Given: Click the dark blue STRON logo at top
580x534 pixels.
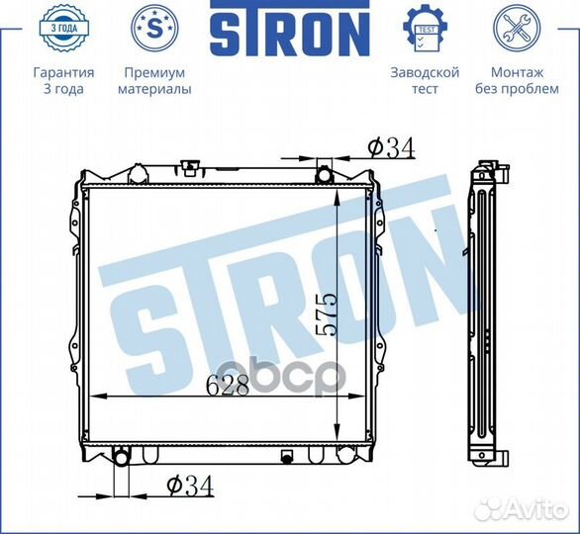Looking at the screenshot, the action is point(290,28).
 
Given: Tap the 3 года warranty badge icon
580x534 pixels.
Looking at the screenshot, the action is point(64,28).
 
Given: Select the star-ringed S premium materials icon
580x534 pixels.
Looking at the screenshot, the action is point(154,28).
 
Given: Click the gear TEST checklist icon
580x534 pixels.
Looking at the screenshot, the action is point(425,28).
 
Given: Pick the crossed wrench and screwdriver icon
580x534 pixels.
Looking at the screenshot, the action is point(517,28).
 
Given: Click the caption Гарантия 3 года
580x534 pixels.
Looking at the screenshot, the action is point(64,80).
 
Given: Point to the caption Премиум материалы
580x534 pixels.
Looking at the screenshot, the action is point(154,80).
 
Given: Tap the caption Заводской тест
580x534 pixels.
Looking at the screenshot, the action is point(425,80).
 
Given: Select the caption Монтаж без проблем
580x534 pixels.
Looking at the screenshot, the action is point(517,80).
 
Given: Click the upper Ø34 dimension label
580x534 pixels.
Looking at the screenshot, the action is point(391,148).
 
